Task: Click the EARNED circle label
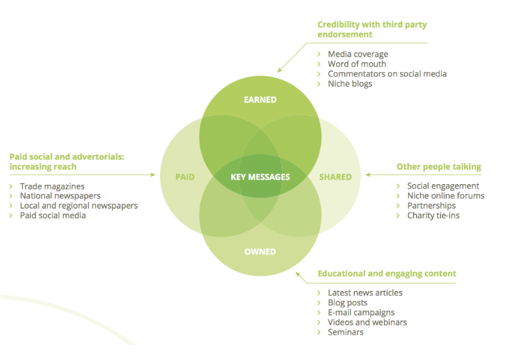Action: click(x=260, y=100)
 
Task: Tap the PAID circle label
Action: click(x=185, y=177)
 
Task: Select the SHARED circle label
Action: click(x=335, y=177)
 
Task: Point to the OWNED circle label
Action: click(x=260, y=252)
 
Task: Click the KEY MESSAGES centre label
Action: click(x=260, y=177)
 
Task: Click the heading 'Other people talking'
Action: click(x=439, y=167)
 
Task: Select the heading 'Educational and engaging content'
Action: click(x=386, y=274)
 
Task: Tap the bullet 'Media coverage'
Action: click(x=358, y=54)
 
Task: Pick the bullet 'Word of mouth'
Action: click(x=357, y=64)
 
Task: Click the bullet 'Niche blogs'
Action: click(x=350, y=84)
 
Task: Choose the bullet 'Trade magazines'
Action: click(x=52, y=187)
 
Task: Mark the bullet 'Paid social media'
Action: click(x=53, y=215)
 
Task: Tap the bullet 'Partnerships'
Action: click(x=431, y=206)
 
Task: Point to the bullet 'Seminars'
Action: click(x=346, y=332)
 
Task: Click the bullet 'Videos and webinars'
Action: click(x=367, y=322)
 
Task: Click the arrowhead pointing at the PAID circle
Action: click(x=153, y=175)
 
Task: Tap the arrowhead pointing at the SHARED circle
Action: click(x=368, y=175)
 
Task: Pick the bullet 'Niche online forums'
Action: click(x=446, y=196)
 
